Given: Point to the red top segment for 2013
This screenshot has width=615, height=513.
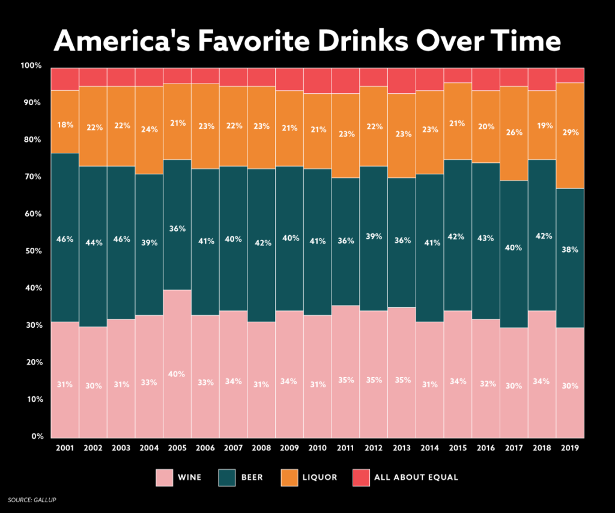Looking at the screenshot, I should point(402,81).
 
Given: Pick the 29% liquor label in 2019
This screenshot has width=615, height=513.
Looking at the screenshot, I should point(570,132).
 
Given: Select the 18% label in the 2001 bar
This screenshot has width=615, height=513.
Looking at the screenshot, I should point(65,125).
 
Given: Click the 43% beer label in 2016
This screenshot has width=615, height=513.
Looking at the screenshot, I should point(486,239).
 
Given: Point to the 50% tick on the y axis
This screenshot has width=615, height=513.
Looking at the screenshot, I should point(32,251).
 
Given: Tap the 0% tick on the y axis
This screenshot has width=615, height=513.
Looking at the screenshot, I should point(35,437).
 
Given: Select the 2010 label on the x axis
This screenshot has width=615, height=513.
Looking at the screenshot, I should point(318,449).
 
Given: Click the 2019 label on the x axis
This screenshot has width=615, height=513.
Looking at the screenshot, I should point(570,449).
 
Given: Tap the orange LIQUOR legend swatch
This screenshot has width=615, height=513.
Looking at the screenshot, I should point(289,478).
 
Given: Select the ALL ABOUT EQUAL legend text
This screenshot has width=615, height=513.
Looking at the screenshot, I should point(416,478).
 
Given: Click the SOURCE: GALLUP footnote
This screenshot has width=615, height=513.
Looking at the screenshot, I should point(31,500).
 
